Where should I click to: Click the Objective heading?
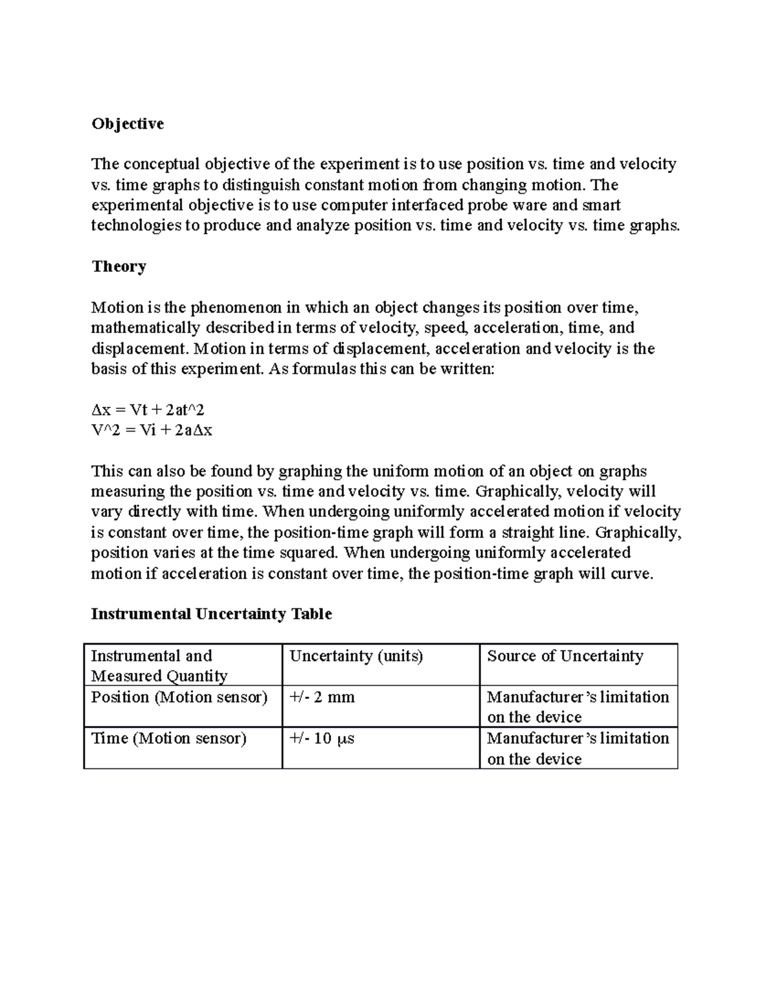point(128,124)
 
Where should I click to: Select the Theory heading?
point(118,266)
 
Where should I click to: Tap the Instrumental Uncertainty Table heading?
point(211,613)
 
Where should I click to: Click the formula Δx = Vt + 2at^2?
point(148,409)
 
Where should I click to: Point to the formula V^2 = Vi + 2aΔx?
point(152,430)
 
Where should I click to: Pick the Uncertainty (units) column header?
point(355,656)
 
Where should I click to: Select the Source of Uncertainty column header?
point(565,656)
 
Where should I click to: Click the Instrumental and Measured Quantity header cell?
point(159,665)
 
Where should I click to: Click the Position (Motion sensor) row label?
point(179,697)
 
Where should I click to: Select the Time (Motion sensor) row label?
point(168,738)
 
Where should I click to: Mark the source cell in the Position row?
point(578,707)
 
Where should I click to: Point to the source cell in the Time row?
point(578,748)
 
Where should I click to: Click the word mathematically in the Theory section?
point(134,328)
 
